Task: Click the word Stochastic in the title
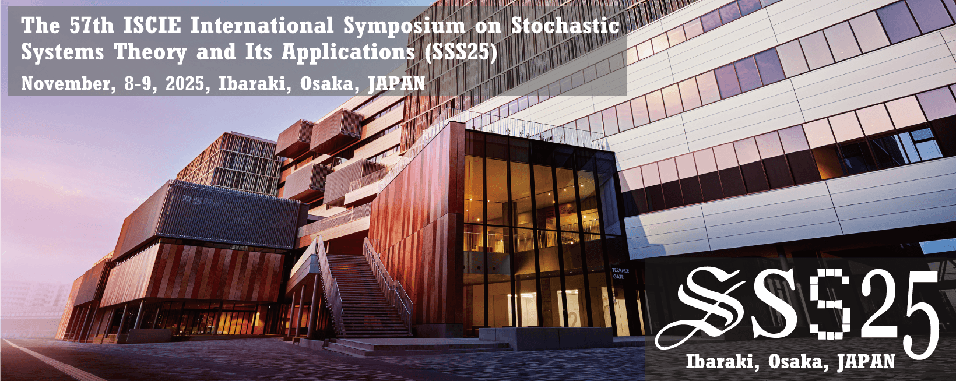[565, 26]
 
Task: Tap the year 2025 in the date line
[185, 83]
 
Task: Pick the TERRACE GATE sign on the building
[621, 273]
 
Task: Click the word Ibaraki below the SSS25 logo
[722, 361]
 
